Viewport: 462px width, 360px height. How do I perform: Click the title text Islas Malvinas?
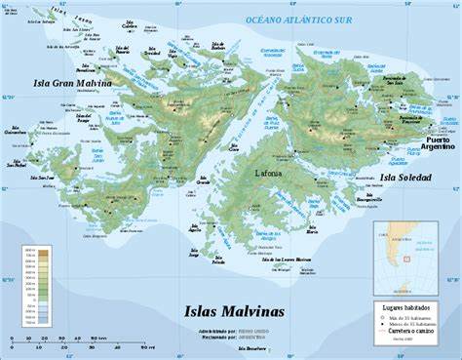[234, 312]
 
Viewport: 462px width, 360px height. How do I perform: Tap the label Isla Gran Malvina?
[71, 84]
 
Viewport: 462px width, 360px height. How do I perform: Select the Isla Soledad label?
[405, 178]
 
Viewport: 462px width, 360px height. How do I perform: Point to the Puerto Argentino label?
[438, 141]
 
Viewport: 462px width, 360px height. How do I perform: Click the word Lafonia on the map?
[270, 174]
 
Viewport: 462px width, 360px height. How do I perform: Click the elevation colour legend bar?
[28, 285]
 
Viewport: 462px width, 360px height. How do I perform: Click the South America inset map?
[404, 258]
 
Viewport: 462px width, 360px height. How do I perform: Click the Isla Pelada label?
[217, 260]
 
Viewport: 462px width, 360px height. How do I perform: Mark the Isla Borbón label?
[86, 68]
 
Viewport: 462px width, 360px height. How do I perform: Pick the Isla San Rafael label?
[16, 164]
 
